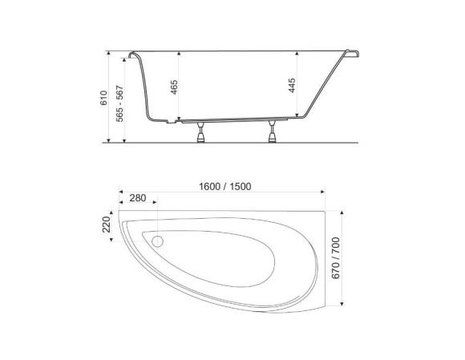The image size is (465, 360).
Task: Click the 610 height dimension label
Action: click(103, 98)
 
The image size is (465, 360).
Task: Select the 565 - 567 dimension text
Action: click(119, 103)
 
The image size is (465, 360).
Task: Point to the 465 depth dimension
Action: click(175, 87)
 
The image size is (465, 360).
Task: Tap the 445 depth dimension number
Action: click(292, 86)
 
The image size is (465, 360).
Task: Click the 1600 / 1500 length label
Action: click(225, 187)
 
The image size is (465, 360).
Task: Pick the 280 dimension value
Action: click(138, 198)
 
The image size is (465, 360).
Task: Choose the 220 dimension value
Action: click(106, 224)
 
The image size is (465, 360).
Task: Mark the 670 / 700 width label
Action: click(335, 258)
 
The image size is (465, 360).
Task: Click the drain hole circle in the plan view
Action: click(157, 241)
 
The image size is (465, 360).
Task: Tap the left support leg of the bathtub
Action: click(200, 132)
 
